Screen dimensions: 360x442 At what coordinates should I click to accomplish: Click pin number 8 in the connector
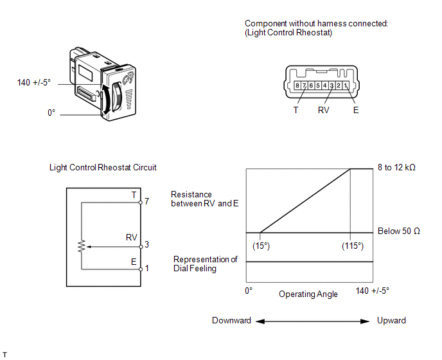tap(297, 85)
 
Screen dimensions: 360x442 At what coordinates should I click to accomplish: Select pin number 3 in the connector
tap(331, 85)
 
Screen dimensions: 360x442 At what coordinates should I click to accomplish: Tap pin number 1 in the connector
tap(346, 85)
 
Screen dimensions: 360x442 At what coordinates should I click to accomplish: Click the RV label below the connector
tap(324, 110)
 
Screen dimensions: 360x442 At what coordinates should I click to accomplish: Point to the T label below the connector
tap(296, 110)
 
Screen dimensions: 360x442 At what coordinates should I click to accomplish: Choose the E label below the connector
tap(356, 110)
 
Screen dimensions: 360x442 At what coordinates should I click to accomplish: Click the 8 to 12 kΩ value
tap(397, 168)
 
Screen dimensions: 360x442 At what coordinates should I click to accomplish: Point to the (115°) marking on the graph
tap(351, 246)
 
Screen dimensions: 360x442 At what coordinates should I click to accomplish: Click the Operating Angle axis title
tap(308, 294)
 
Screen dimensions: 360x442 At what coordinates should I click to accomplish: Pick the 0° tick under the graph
tap(249, 291)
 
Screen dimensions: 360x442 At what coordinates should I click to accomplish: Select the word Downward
tap(231, 320)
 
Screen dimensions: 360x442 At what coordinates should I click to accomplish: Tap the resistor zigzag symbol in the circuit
tap(82, 246)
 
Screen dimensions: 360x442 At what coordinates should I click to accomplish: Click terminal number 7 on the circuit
tap(147, 201)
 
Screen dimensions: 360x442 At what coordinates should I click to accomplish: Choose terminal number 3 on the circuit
tap(147, 245)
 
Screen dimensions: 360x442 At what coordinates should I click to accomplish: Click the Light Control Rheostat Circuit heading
tap(103, 167)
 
